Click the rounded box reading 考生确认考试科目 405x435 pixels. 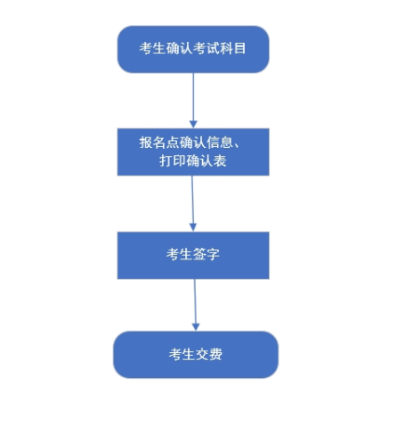tap(193, 49)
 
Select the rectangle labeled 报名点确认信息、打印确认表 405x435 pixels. tap(193, 152)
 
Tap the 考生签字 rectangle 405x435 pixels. tap(193, 256)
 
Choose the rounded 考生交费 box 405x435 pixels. tap(196, 355)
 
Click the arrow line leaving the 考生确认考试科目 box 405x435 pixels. tap(193, 101)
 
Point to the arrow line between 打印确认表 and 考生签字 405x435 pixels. tap(192, 203)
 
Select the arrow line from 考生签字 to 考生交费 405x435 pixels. tap(195, 305)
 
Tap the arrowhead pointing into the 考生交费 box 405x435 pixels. tap(196, 327)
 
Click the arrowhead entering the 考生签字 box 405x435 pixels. tap(193, 227)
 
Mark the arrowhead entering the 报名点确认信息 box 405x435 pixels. tap(193, 124)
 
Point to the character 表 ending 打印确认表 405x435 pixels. tap(220, 160)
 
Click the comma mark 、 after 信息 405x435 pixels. tap(236, 145)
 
